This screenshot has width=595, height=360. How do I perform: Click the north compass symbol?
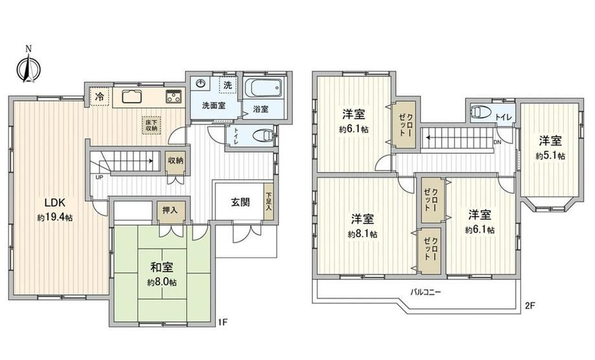pyautogui.click(x=28, y=66)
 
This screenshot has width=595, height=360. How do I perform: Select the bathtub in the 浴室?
pyautogui.click(x=263, y=87)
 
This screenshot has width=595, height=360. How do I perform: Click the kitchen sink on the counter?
pyautogui.click(x=132, y=96)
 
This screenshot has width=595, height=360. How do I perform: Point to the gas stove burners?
pyautogui.click(x=174, y=96)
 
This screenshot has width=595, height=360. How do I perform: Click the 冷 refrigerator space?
pyautogui.click(x=100, y=96)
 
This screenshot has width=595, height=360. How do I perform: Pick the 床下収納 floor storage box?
pyautogui.click(x=153, y=125)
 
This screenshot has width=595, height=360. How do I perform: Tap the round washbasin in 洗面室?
pyautogui.click(x=200, y=83)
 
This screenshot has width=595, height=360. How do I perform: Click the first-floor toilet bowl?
pyautogui.click(x=263, y=135)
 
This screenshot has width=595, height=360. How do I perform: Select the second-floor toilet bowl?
pyautogui.click(x=481, y=112)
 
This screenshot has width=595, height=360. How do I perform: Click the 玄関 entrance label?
pyautogui.click(x=241, y=202)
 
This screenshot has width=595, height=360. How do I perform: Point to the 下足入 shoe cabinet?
pyautogui.click(x=268, y=202)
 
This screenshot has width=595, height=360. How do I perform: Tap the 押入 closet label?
pyautogui.click(x=170, y=209)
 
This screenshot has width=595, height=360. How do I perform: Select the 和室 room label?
pyautogui.click(x=162, y=268)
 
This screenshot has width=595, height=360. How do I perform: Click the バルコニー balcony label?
pyautogui.click(x=425, y=292)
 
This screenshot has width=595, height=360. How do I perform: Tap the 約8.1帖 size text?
pyautogui.click(x=363, y=234)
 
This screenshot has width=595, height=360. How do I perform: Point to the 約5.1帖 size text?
pyautogui.click(x=550, y=156)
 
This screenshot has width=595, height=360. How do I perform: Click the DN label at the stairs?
pyautogui.click(x=497, y=142)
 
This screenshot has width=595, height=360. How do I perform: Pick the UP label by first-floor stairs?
pyautogui.click(x=99, y=177)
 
